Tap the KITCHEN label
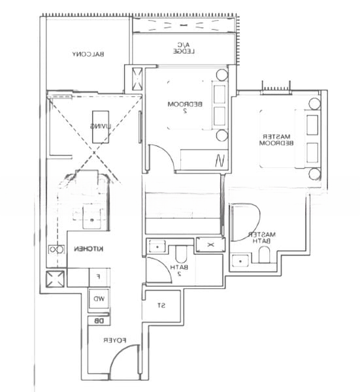point(87,249)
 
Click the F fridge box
point(98,278)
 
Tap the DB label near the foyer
point(98,321)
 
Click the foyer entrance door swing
point(124,364)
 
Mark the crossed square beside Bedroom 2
point(137,79)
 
